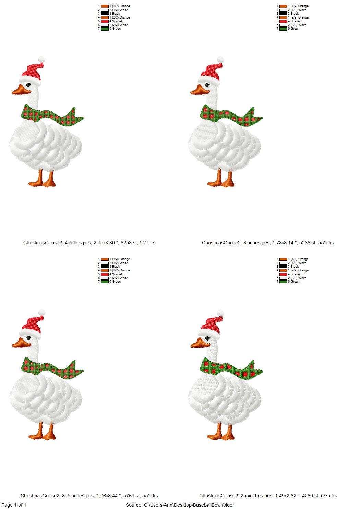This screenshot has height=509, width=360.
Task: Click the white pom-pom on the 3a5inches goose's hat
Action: pos(42,312)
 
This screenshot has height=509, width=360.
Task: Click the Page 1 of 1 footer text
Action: pos(14,505)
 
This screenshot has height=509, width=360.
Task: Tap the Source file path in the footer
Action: pos(180,505)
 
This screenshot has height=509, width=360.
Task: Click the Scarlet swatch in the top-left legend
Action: pos(105,21)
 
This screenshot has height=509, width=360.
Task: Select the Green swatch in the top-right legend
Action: pos(283,29)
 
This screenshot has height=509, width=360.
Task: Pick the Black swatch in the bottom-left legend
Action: pos(105,267)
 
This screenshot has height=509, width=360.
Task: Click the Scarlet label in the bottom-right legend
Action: pos(296,274)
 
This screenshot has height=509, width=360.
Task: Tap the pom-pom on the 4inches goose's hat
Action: pos(41,59)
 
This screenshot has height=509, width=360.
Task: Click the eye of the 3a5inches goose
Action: pos(29,338)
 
